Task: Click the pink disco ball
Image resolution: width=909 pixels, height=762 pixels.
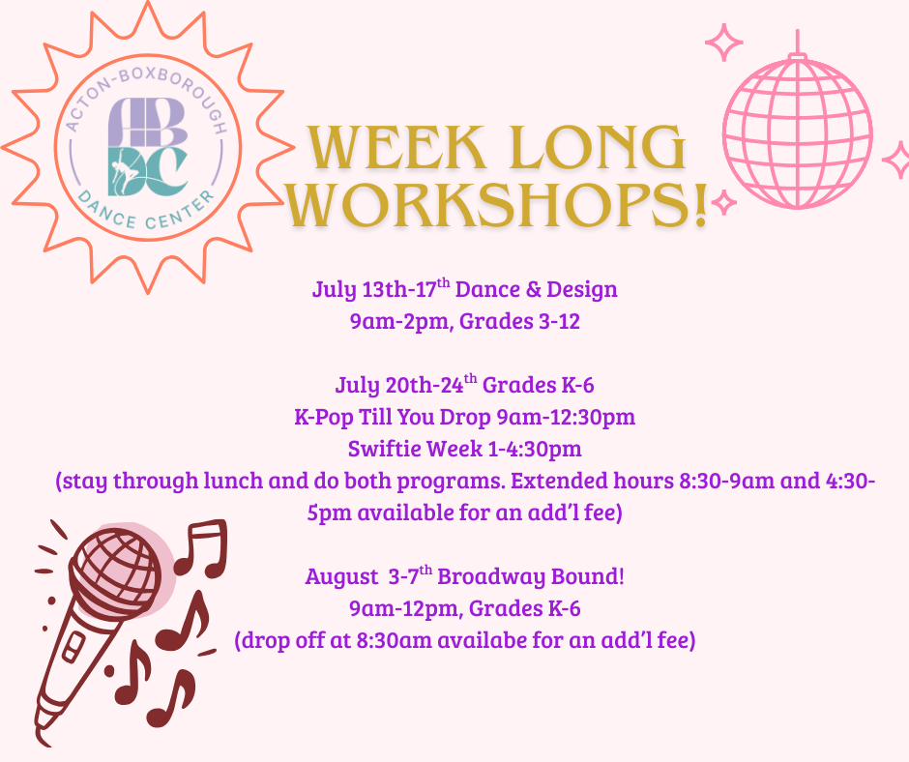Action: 797,132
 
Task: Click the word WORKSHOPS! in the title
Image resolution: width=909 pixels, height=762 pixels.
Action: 497,205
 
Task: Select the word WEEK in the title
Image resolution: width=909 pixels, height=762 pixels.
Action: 396,147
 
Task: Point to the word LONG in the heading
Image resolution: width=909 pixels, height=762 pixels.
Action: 600,147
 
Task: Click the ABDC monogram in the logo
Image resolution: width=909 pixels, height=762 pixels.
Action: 148,147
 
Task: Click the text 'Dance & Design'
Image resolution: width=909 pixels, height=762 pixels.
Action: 537,289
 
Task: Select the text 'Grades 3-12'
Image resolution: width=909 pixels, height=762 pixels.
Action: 519,321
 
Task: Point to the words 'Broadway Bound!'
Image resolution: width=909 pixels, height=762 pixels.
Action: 531,576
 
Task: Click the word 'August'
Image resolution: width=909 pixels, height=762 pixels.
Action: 341,577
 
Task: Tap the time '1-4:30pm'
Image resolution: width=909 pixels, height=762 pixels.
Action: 535,449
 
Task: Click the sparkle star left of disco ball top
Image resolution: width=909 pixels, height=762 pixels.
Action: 724,43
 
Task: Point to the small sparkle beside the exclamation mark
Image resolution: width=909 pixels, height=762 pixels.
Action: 724,202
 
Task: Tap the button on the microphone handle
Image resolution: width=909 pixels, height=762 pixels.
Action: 73,647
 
